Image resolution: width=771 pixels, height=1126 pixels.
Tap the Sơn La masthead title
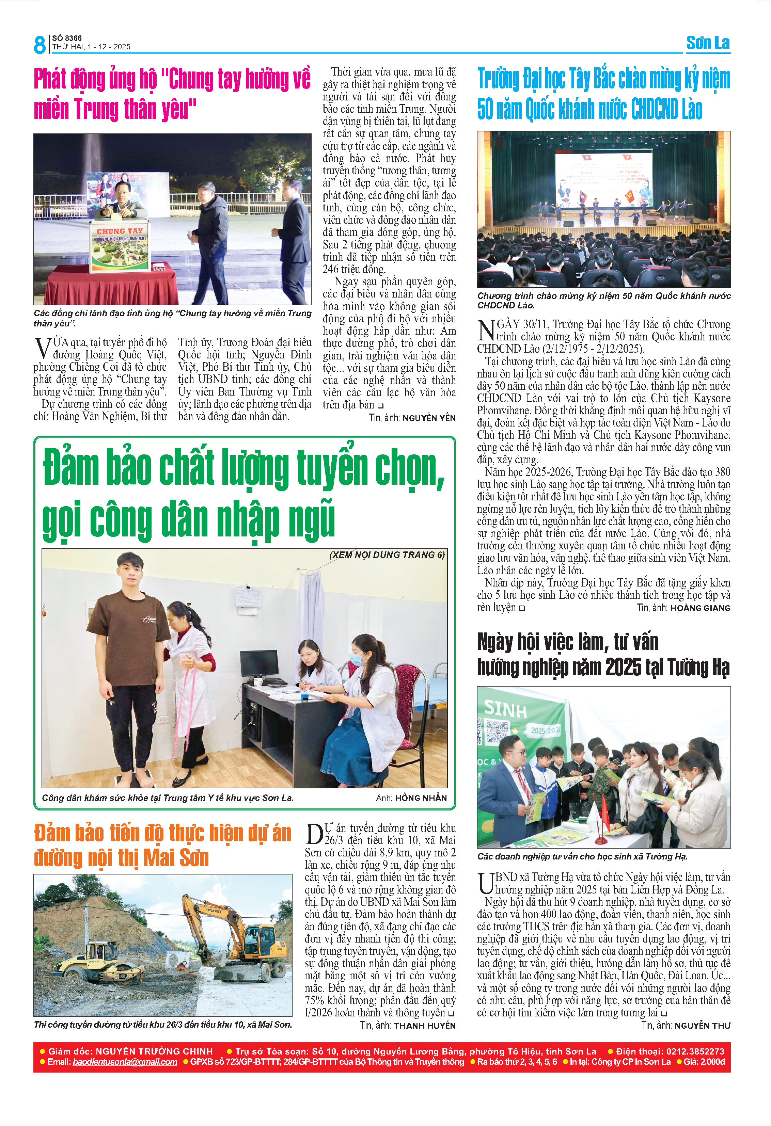point(708,43)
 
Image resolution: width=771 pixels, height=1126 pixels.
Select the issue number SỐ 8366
point(67,38)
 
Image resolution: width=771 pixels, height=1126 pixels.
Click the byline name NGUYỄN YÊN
point(429,418)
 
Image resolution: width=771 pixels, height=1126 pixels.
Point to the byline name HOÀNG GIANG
point(700,608)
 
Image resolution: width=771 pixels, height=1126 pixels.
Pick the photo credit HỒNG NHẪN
point(421,798)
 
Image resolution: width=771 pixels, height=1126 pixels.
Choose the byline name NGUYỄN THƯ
point(702,1026)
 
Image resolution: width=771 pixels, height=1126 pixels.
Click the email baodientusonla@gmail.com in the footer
point(125,1062)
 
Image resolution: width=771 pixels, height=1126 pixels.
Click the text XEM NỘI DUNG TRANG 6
point(387,555)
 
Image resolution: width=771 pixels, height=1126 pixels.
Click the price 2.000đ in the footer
point(711,1062)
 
